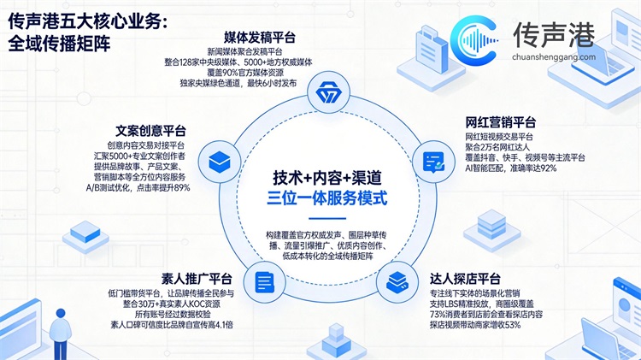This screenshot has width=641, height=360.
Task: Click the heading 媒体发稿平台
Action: pyautogui.click(x=260, y=38)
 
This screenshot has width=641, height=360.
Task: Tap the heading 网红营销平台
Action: pyautogui.click(x=500, y=122)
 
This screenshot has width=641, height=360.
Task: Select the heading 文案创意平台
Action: pyautogui.click(x=150, y=131)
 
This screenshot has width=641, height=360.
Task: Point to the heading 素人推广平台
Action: pyautogui.click(x=197, y=279)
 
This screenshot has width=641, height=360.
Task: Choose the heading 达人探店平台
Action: pyautogui.click(x=465, y=279)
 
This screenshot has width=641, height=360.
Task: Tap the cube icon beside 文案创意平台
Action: pyautogui.click(x=220, y=162)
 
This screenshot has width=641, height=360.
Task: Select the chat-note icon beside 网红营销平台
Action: pyautogui.click(x=433, y=162)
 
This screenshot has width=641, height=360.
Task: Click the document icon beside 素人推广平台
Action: pyautogui.click(x=264, y=282)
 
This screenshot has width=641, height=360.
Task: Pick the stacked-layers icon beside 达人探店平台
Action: pyautogui.click(x=397, y=282)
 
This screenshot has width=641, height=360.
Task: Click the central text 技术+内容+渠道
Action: pyautogui.click(x=327, y=178)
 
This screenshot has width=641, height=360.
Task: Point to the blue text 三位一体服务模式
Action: pyautogui.click(x=327, y=198)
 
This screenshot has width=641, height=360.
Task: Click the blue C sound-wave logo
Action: pyautogui.click(x=474, y=40)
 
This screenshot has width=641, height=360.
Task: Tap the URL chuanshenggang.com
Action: pyautogui.click(x=554, y=56)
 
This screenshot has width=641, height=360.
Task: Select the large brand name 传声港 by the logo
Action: pyautogui.click(x=554, y=35)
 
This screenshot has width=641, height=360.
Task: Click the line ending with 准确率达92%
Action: pyautogui.click(x=510, y=168)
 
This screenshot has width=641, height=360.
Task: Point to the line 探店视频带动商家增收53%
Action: pyautogui.click(x=475, y=325)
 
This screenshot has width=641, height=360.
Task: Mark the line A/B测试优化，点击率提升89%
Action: pyautogui.click(x=138, y=188)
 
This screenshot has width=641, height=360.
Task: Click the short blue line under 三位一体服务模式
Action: pyautogui.click(x=327, y=218)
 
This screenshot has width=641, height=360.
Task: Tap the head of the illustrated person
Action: pyautogui.click(x=61, y=314)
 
